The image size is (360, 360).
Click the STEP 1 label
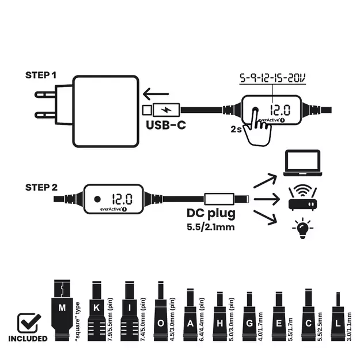41,75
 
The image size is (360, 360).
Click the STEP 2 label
41,187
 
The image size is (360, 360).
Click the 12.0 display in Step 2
122,199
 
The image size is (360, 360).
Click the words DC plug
211,214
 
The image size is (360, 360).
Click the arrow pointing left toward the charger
154,93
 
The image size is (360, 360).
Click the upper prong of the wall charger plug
46,93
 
